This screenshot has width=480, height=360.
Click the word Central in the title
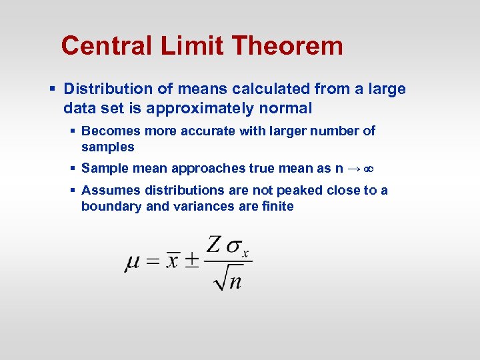(107, 46)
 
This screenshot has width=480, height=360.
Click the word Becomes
(109, 131)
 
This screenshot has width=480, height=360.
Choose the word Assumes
(109, 191)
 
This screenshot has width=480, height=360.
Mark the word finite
(277, 207)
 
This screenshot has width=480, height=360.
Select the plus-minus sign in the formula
(191, 261)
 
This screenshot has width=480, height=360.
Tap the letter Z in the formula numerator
(214, 244)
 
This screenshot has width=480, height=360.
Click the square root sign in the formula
(220, 278)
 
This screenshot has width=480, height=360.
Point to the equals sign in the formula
(153, 261)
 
